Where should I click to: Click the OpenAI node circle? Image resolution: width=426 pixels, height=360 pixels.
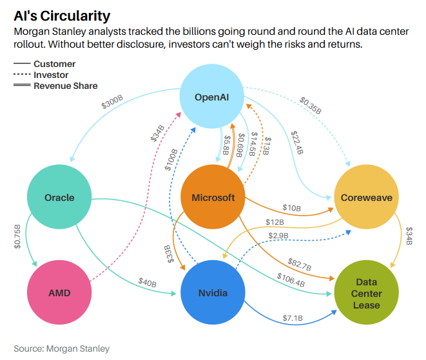pyautogui.click(x=213, y=98)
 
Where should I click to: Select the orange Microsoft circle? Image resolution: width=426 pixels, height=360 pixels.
pyautogui.click(x=213, y=197)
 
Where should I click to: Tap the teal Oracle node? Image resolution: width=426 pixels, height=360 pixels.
pyautogui.click(x=59, y=197)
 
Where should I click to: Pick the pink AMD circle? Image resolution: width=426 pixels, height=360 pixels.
pyautogui.click(x=59, y=293)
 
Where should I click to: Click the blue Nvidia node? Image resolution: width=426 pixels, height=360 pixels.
pyautogui.click(x=213, y=293)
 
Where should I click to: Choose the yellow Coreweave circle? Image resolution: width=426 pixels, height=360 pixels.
pyautogui.click(x=367, y=197)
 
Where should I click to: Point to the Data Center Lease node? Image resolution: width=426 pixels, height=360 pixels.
pyautogui.click(x=367, y=293)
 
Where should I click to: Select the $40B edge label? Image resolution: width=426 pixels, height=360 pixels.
pyautogui.click(x=148, y=281)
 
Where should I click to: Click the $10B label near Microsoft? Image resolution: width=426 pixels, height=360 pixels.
pyautogui.click(x=292, y=207)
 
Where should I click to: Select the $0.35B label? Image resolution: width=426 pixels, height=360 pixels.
pyautogui.click(x=310, y=106)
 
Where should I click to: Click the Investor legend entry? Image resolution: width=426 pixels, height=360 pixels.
pyautogui.click(x=51, y=75)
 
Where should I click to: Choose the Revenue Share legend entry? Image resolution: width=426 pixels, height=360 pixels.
pyautogui.click(x=65, y=86)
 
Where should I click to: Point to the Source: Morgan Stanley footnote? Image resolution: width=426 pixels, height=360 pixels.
pyautogui.click(x=62, y=348)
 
